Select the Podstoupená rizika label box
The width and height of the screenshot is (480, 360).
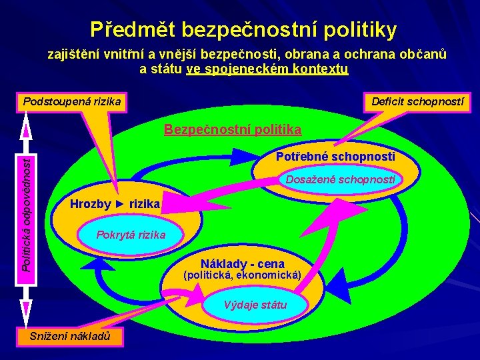click(71, 102)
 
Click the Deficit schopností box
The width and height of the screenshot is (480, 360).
click(417, 102)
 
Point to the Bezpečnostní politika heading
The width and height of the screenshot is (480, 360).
click(233, 129)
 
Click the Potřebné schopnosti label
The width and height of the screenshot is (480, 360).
click(335, 157)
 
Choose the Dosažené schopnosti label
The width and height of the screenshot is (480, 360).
click(340, 179)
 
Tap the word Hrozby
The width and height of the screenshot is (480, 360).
click(90, 204)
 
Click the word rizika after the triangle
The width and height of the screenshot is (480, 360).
click(145, 204)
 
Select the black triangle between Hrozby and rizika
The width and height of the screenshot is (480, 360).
click(120, 204)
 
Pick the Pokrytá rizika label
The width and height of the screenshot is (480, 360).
click(131, 235)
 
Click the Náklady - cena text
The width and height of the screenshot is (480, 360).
click(243, 263)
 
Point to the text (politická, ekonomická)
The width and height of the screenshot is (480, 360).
click(243, 275)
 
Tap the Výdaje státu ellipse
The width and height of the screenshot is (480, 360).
click(255, 305)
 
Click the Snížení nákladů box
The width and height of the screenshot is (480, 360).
click(70, 337)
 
